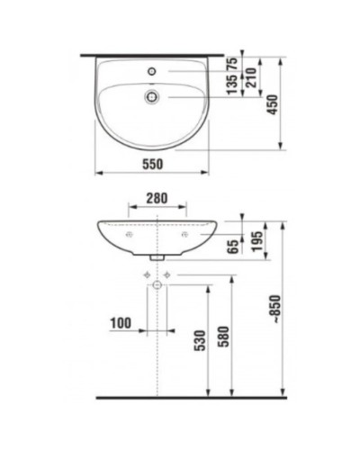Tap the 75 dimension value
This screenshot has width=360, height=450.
pos(232,63)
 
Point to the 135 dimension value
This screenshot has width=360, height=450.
pos(232,85)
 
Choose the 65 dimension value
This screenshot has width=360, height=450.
pos(232,244)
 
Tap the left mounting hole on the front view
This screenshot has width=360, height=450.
pos(130,235)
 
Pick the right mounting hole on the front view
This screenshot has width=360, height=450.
pos(184,235)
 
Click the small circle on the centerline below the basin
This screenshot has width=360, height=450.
pos(157,285)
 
